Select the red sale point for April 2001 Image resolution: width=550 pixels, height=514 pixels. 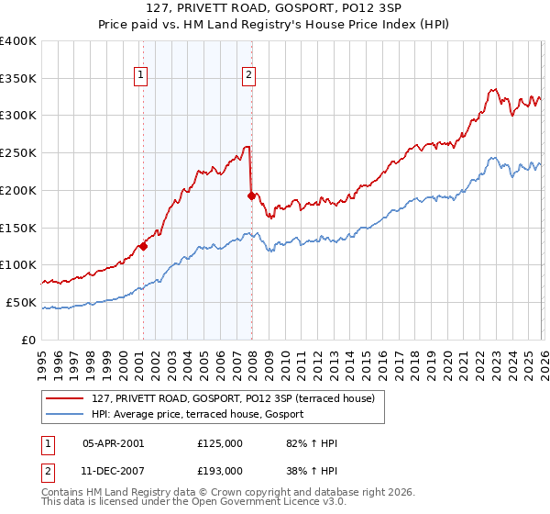143,246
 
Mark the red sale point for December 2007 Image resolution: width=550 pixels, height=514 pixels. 251,195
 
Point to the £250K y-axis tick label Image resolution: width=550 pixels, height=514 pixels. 18,153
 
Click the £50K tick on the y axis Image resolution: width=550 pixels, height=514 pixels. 21,302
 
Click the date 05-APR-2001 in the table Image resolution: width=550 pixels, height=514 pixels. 113,443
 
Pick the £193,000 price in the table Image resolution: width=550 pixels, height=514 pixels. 220,471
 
